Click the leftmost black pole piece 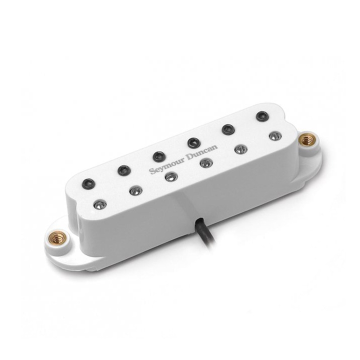88,183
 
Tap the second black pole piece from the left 124,170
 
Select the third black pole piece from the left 159,156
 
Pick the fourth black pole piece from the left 194,143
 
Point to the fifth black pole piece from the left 228,129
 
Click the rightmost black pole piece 262,116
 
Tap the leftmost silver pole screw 100,204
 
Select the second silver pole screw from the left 135,190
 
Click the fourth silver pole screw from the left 206,163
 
